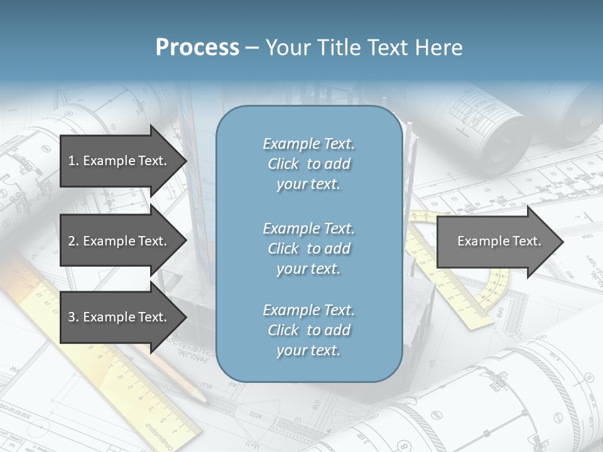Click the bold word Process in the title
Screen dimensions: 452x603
tap(197, 48)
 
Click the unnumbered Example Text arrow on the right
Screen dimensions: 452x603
tap(496, 241)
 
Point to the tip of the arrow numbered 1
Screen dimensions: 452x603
tap(186, 161)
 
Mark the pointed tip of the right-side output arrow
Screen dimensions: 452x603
tap(563, 242)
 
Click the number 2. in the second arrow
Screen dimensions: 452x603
tap(73, 241)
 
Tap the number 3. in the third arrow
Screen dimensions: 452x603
tap(73, 317)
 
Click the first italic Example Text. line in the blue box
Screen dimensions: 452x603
tap(308, 144)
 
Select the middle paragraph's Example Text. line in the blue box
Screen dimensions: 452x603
tap(308, 229)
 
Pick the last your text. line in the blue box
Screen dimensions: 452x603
tap(308, 351)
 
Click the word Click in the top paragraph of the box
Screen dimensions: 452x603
tap(283, 164)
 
